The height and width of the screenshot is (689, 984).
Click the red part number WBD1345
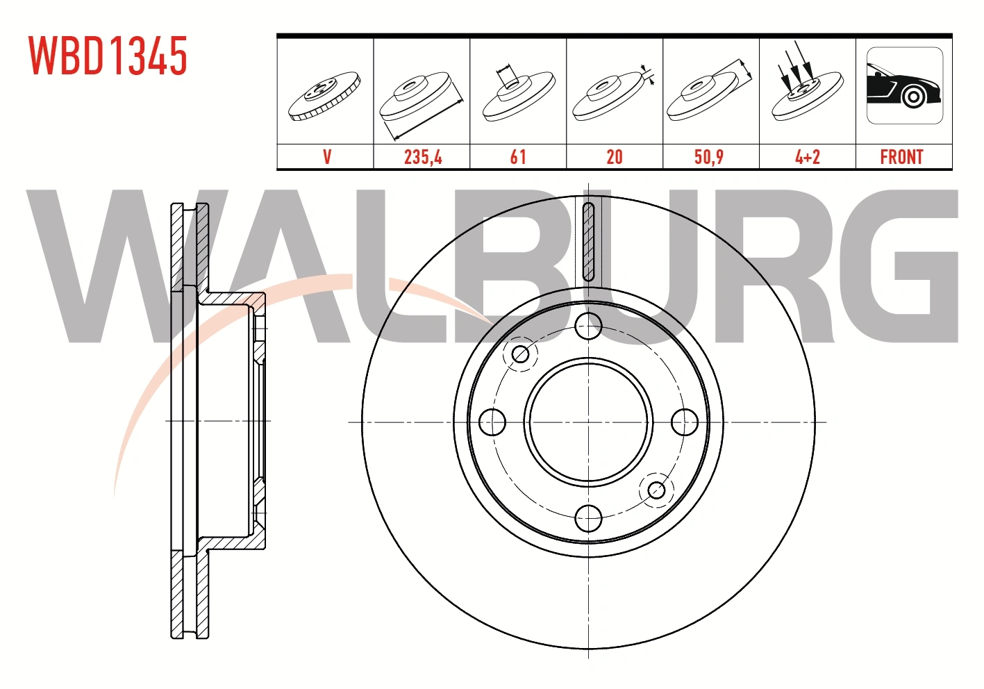pos(108,56)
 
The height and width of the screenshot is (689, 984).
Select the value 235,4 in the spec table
pos(423,157)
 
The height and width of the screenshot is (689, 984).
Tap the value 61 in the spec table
pos(518,157)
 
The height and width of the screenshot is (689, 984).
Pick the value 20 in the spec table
pos(615,157)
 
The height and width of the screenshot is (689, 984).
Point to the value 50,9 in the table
pos(709,157)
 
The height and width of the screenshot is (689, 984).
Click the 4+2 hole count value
pos(808,157)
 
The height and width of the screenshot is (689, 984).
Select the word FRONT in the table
pos(902,157)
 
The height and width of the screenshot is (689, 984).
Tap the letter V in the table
pos(327,157)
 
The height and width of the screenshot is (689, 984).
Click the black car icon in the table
pos(905,85)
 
